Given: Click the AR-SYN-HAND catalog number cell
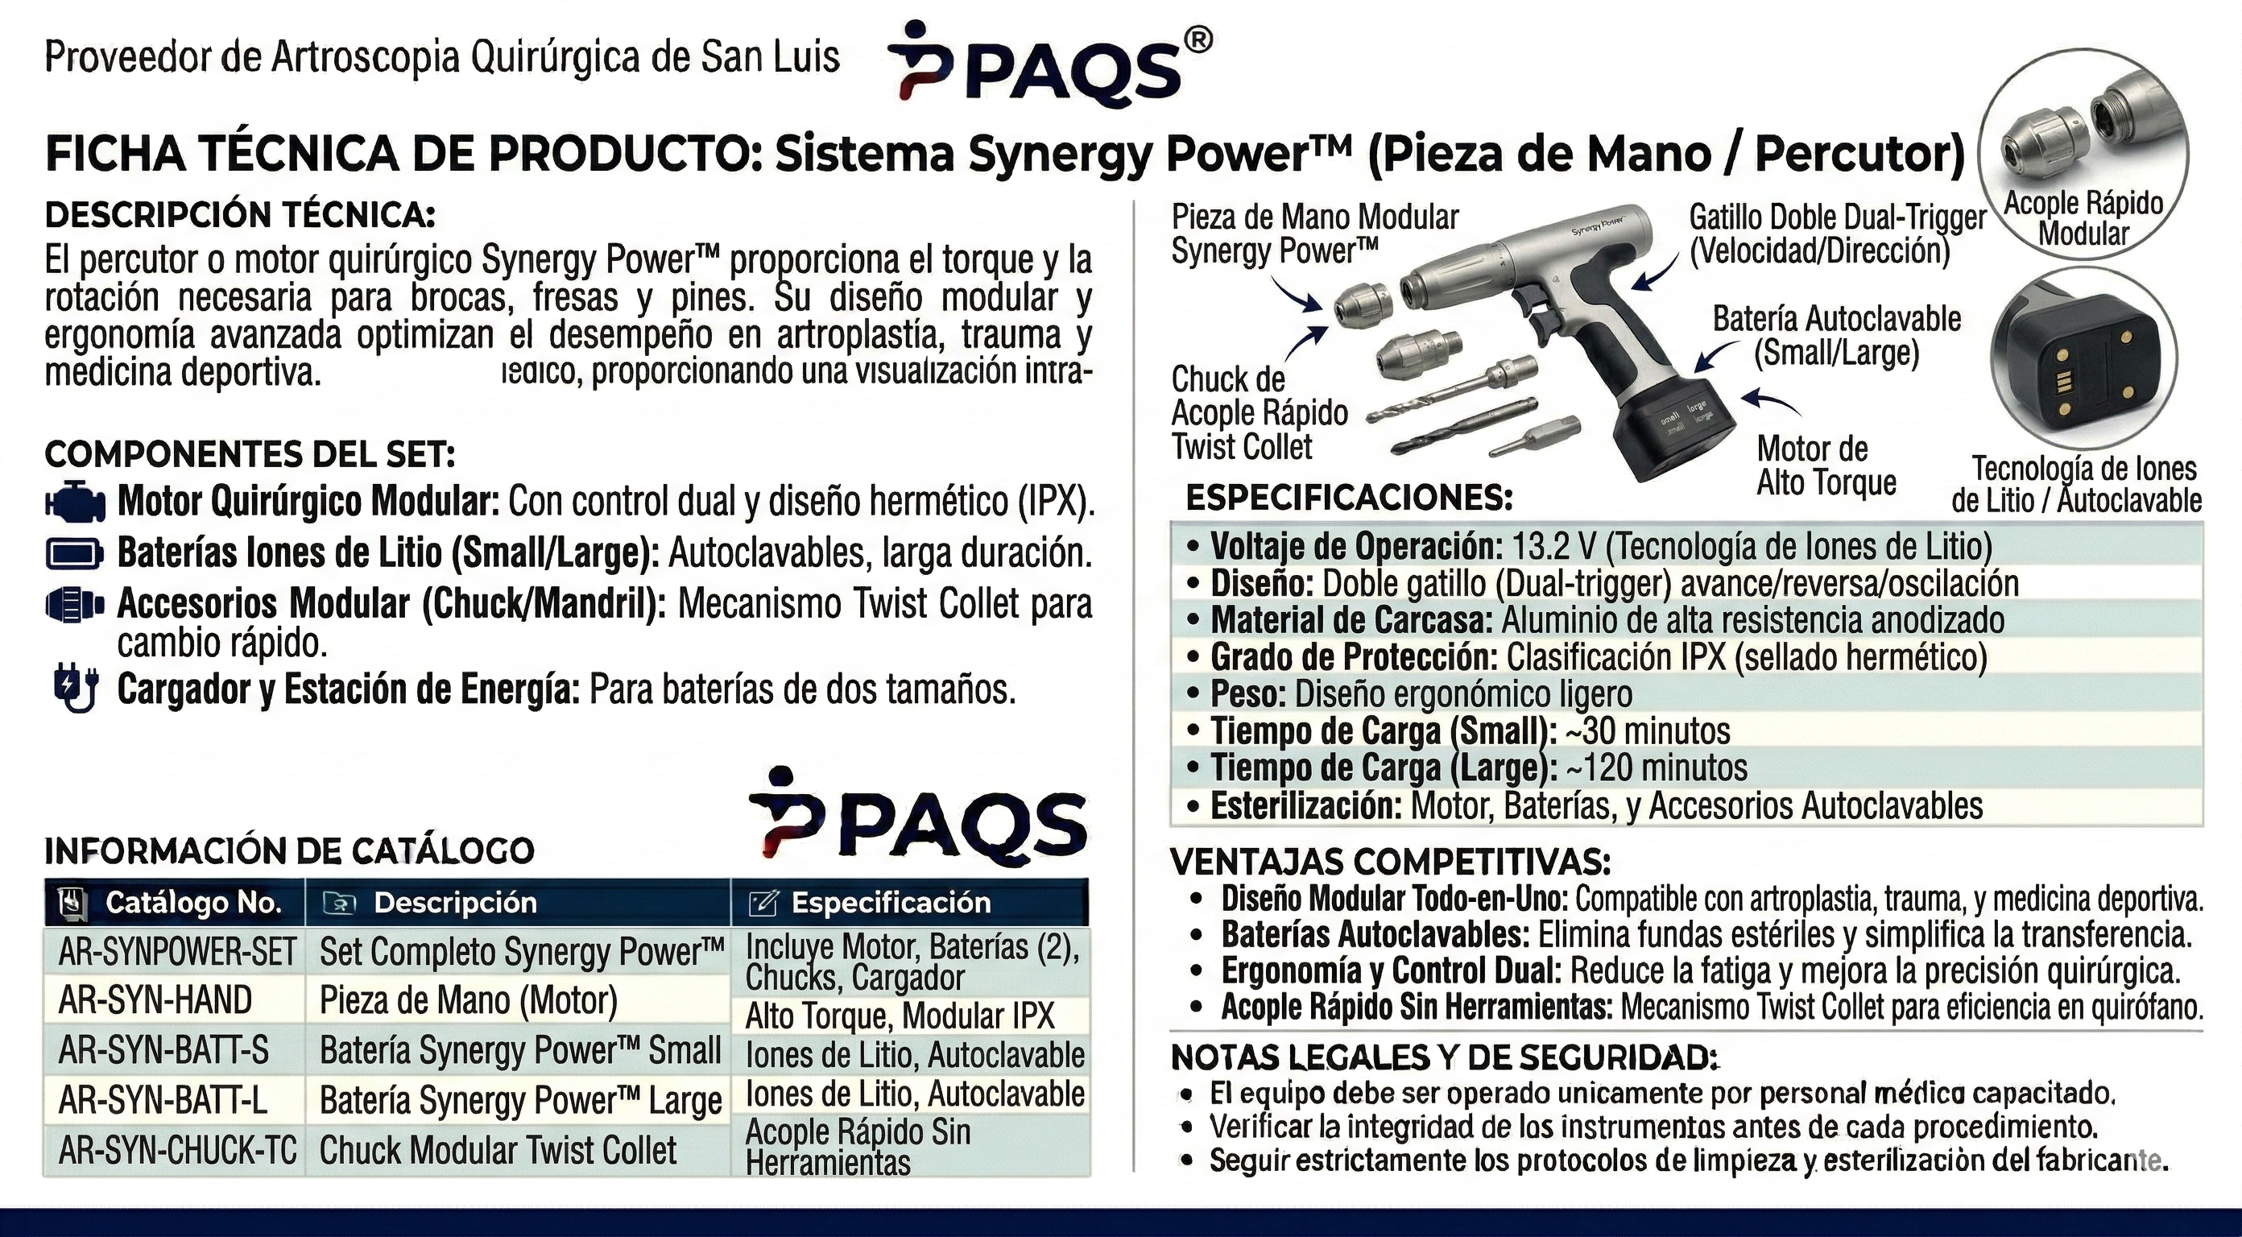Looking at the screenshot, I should [x=155, y=1000].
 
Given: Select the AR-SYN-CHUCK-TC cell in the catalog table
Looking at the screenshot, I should [x=177, y=1151].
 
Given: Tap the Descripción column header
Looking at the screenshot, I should [x=454, y=903].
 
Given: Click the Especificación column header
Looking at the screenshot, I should [x=890, y=903].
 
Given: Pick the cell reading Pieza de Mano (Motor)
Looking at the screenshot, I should [x=468, y=1000].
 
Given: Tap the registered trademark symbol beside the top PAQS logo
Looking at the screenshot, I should [x=1198, y=40].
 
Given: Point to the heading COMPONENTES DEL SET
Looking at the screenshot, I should [x=250, y=454].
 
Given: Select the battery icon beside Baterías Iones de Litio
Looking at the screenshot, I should [x=75, y=552].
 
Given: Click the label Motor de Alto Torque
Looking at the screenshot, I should [x=1825, y=465].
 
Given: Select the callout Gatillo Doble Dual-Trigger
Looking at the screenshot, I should [x=1836, y=234].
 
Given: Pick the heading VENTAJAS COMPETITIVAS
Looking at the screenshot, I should [x=1390, y=863].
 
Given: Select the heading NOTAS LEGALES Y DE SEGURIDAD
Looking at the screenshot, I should [x=1445, y=1057].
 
